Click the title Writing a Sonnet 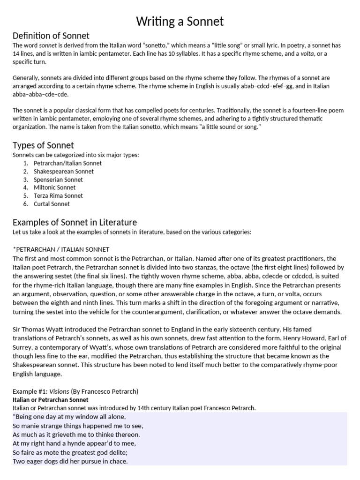click(x=180, y=21)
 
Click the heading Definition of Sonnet click(x=51, y=36)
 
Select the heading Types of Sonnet click(x=43, y=145)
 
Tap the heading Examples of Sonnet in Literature click(x=75, y=222)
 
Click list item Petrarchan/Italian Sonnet click(x=67, y=163)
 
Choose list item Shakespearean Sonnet click(x=64, y=172)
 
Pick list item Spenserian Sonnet click(x=58, y=180)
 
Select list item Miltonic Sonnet click(x=54, y=187)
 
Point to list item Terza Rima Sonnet click(x=58, y=196)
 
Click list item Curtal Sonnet click(x=52, y=204)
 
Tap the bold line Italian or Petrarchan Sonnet click(x=50, y=400)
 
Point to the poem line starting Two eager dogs click(x=70, y=461)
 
